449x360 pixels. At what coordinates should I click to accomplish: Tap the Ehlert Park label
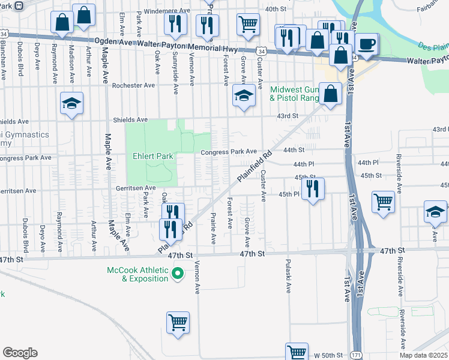153,157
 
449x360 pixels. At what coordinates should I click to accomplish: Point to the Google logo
20,353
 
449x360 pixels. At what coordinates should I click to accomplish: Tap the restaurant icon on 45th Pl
313,188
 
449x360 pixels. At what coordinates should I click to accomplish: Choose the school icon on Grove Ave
244,95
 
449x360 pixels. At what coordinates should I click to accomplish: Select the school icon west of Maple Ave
71,103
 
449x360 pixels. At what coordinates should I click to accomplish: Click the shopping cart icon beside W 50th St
297,352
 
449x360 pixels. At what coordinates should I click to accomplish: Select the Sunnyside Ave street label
175,76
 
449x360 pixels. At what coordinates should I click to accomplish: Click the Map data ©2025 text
423,355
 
